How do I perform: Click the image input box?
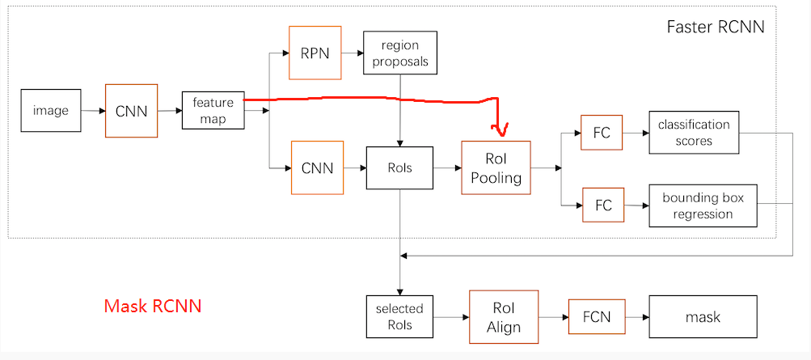click(x=51, y=111)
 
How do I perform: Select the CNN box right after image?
click(x=131, y=111)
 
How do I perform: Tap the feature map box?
click(x=213, y=111)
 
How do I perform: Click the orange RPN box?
click(x=315, y=53)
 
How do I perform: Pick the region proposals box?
click(x=400, y=53)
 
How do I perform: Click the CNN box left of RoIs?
click(x=317, y=167)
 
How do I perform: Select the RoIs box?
click(x=399, y=167)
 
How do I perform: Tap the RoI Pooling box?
click(x=496, y=167)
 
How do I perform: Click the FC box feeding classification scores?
click(x=602, y=133)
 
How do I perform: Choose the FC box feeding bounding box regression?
click(x=603, y=205)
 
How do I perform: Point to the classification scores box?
click(x=694, y=133)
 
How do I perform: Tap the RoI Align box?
click(x=503, y=317)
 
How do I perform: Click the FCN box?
click(x=597, y=317)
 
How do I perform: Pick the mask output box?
click(x=703, y=317)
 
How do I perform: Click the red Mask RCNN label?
click(x=152, y=306)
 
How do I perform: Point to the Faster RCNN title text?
click(x=715, y=27)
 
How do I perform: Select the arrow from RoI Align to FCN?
click(x=552, y=317)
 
